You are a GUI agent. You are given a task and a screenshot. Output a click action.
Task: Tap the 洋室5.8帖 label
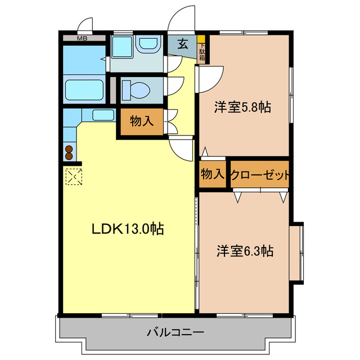coord(242,107)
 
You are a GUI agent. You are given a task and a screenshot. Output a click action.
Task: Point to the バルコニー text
coord(175,332)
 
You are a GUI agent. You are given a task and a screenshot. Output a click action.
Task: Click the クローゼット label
coord(260,175)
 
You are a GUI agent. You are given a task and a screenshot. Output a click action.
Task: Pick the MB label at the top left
coord(82,39)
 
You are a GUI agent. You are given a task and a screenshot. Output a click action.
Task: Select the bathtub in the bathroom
coord(84,90)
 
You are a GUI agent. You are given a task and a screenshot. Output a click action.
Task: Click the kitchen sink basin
coord(103,116)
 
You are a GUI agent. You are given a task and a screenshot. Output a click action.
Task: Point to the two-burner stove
coord(69,152)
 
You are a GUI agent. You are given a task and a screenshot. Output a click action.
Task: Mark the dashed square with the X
coord(73,177)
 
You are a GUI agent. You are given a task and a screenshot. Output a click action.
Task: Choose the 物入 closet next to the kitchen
coord(141,121)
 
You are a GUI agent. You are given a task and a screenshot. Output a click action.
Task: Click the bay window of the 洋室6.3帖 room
coord(298,251)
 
